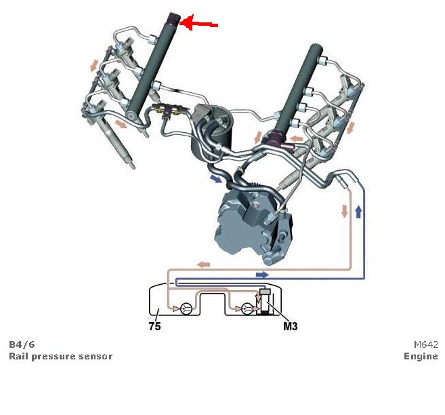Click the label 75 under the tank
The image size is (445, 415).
click(x=154, y=325)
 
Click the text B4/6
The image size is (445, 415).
click(x=22, y=344)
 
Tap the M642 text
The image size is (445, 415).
click(x=425, y=344)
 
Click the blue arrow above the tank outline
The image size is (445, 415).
click(x=261, y=275)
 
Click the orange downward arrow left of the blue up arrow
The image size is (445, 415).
click(x=344, y=212)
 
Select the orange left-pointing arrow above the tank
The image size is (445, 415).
click(x=203, y=264)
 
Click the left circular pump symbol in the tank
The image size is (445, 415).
click(x=186, y=309)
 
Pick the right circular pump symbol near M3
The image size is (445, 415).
click(x=247, y=309)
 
